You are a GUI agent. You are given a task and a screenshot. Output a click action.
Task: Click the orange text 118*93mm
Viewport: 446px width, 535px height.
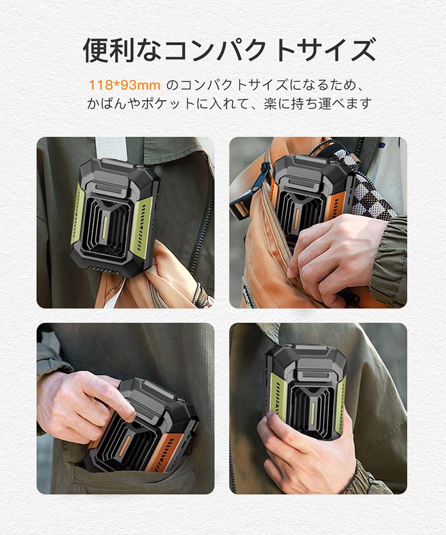[124, 85]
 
